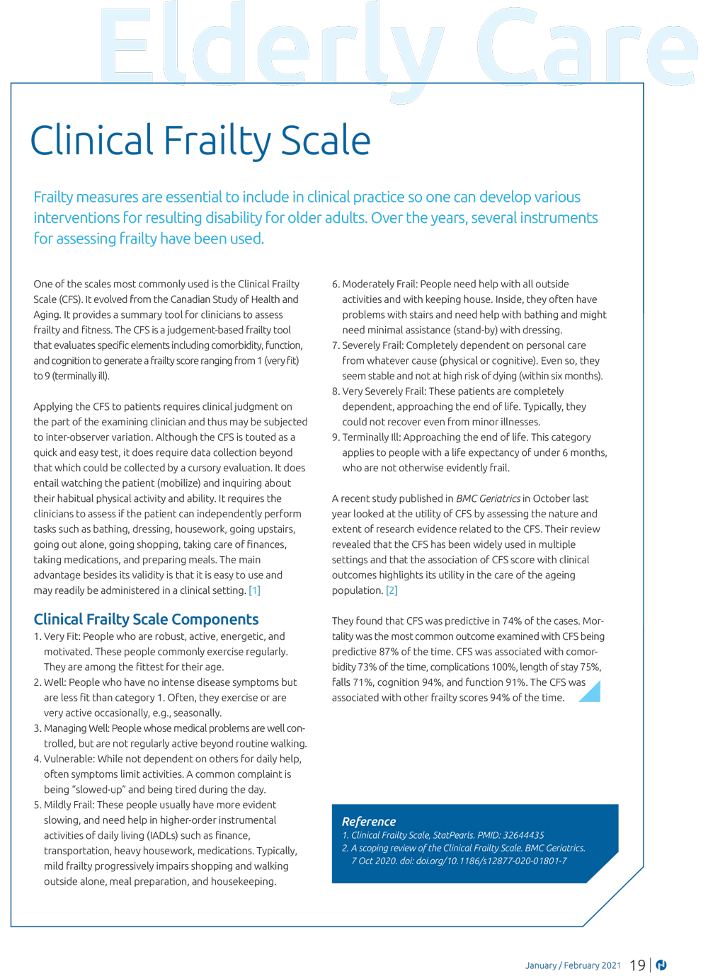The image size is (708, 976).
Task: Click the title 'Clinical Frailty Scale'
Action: point(200,141)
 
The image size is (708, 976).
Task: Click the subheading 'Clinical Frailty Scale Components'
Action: point(146,619)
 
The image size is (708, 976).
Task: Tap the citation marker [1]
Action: point(254,590)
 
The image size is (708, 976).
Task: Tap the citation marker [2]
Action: point(392,590)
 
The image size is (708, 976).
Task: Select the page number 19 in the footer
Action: point(637,965)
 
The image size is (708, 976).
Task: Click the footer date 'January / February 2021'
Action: point(573,965)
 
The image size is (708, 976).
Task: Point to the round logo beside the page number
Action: point(661,965)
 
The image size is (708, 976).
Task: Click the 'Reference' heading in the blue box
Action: point(369,822)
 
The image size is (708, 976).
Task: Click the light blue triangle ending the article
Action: point(591,692)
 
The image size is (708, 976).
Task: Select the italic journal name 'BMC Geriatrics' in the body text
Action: point(488,498)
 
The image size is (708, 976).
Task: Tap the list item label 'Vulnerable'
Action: point(69,759)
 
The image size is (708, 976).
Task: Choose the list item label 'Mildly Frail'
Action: point(69,805)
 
